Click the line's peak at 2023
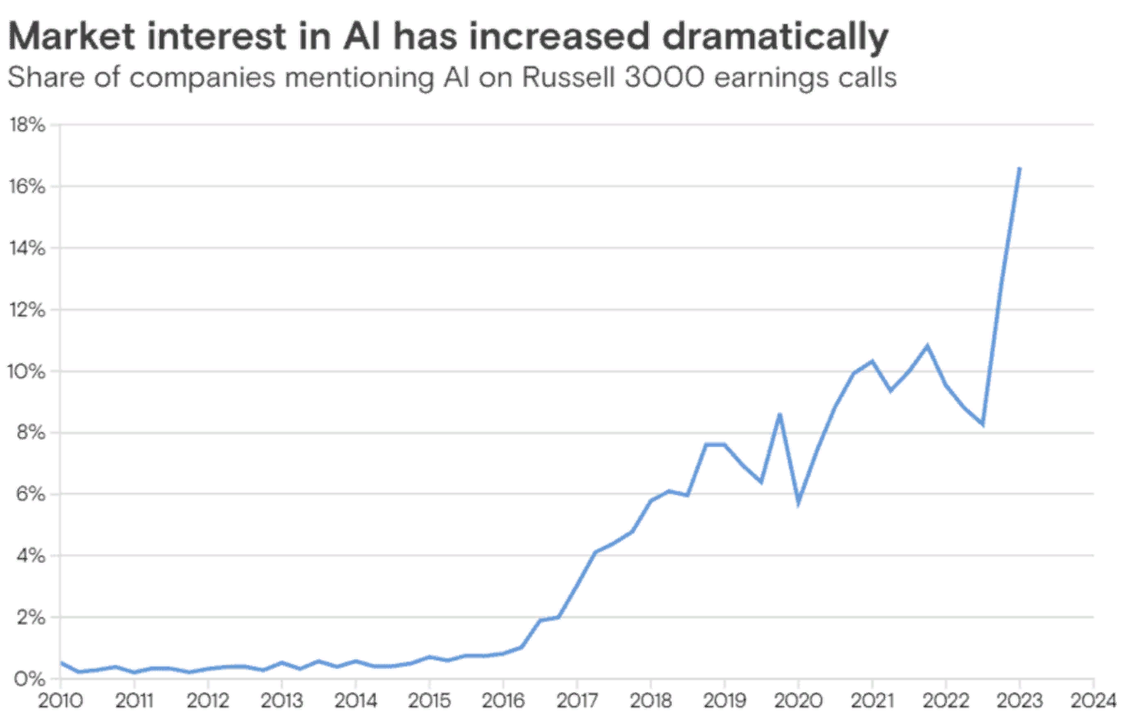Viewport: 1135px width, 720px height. [1020, 168]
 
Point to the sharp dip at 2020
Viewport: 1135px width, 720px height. [798, 502]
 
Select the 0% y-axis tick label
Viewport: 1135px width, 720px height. [29, 679]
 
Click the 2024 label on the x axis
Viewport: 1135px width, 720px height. [1093, 700]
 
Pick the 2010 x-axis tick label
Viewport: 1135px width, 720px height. [60, 700]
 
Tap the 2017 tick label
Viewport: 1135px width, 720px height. [577, 700]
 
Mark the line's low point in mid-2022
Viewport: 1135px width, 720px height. [982, 424]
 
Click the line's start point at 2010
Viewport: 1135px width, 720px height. [61, 662]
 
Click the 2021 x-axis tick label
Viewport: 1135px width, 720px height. [872, 700]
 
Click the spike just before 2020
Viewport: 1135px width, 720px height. [779, 415]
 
